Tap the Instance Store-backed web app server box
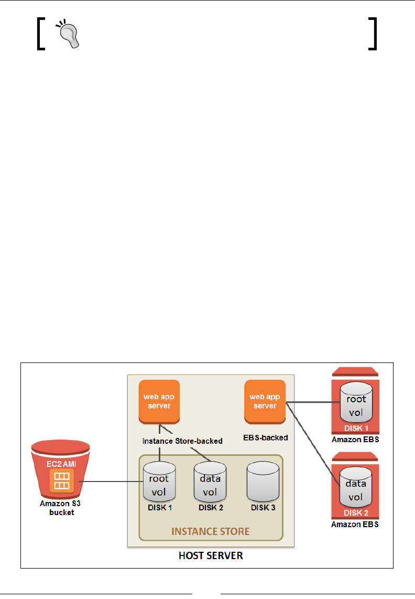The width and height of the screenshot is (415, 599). point(159,401)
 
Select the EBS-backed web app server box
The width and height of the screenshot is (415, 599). point(265,401)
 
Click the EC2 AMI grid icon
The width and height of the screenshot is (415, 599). point(62,480)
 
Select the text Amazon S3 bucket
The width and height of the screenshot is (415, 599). point(62,508)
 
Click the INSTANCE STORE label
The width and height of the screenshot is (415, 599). point(210,531)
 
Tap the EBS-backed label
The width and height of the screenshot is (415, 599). point(266,436)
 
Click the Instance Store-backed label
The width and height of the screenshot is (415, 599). point(183,441)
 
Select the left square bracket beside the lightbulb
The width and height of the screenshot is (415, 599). point(41,34)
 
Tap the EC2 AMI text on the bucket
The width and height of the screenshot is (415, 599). point(62,464)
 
